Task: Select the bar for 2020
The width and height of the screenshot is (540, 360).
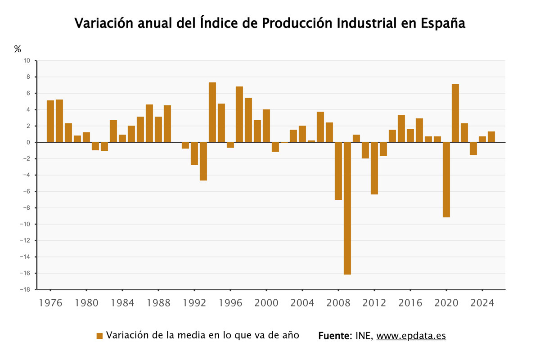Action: (446, 180)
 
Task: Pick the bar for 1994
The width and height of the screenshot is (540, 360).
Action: (212, 112)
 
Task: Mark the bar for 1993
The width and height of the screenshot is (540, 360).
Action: (203, 161)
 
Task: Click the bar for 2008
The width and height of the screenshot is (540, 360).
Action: (338, 171)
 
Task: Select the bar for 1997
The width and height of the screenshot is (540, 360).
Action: (239, 114)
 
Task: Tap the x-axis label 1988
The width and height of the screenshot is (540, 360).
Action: (158, 303)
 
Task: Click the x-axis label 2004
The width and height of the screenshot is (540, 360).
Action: (302, 303)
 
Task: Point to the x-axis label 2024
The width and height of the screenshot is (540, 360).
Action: (482, 303)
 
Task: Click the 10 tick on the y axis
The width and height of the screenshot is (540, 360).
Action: (27, 61)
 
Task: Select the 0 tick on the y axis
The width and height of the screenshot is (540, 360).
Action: (28, 142)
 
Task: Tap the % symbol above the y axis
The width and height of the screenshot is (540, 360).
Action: (18, 49)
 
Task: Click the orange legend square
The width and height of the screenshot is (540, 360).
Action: (100, 336)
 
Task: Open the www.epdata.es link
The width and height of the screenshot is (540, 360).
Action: (411, 336)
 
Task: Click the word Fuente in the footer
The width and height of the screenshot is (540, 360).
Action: (334, 336)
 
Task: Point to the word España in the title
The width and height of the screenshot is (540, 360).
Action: (443, 23)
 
